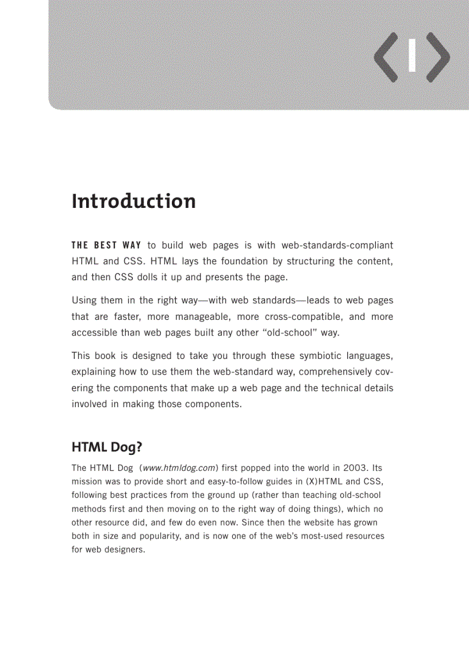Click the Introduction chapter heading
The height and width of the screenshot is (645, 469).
click(x=133, y=201)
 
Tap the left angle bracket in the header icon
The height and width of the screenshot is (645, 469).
click(x=386, y=57)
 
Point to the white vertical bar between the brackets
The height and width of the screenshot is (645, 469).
click(x=412, y=56)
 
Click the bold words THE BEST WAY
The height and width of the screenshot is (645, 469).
click(x=106, y=245)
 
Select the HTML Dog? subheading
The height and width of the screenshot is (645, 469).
click(x=106, y=447)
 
